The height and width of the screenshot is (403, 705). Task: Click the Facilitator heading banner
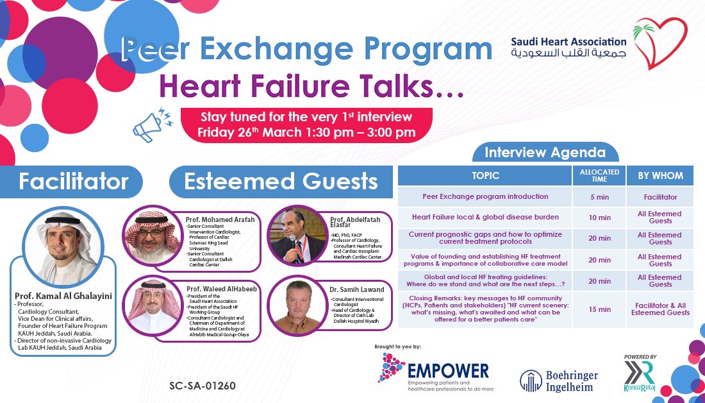tap(72, 182)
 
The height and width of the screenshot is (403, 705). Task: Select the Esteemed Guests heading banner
tap(281, 182)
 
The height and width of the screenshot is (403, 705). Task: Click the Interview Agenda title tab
tap(545, 153)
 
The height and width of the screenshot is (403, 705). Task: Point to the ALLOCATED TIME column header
tap(599, 175)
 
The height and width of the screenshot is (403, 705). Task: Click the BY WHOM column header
tap(659, 175)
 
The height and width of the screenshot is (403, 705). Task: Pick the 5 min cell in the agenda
tap(599, 197)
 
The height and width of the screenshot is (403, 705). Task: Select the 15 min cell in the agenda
tap(599, 309)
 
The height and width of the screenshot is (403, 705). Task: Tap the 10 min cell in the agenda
tap(599, 218)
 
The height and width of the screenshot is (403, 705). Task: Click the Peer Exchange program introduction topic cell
tap(485, 196)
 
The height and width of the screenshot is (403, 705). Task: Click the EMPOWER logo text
tap(449, 370)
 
